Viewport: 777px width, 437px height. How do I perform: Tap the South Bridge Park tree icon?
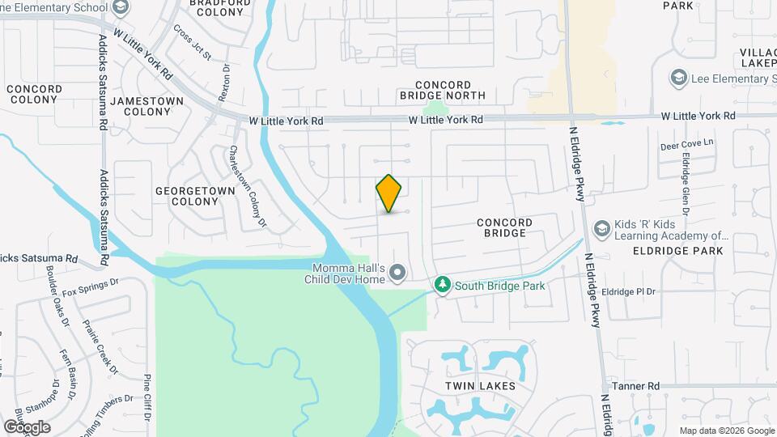click(x=442, y=285)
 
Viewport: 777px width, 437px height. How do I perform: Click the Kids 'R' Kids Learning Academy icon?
click(x=601, y=229)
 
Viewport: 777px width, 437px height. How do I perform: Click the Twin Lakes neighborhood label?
click(x=480, y=386)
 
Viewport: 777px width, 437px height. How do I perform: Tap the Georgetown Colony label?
click(x=195, y=196)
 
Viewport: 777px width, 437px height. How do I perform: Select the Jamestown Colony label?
click(x=147, y=106)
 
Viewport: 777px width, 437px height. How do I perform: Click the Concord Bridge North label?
click(x=443, y=90)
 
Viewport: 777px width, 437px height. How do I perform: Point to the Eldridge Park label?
click(x=677, y=251)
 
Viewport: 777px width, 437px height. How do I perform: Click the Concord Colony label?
click(x=34, y=94)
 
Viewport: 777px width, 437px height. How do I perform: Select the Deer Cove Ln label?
click(x=689, y=144)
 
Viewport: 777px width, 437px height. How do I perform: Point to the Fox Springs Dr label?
click(x=90, y=286)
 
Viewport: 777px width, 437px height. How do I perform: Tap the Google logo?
click(x=27, y=426)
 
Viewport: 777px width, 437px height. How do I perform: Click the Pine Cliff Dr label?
click(x=147, y=398)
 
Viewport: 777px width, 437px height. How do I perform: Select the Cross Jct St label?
click(x=192, y=44)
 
